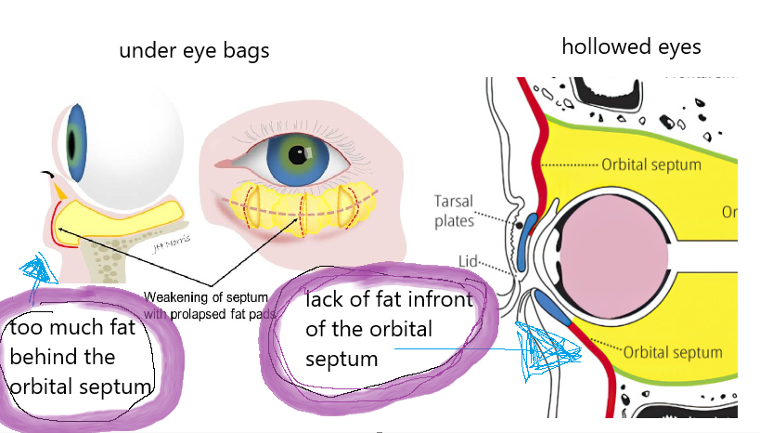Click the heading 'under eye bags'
pos(194,50)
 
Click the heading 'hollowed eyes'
pos(631,46)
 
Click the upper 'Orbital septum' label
pos(651,164)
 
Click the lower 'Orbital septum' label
pos(672,352)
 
